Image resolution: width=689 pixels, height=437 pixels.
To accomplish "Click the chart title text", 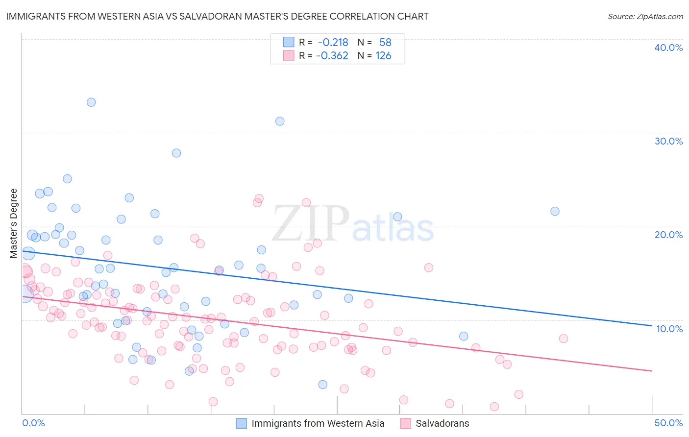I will pyautogui.click(x=217, y=16).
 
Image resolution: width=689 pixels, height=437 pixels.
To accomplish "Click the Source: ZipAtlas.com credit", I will pyautogui.click(x=645, y=16).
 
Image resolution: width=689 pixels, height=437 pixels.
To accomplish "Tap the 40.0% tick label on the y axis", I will pyautogui.click(x=668, y=48).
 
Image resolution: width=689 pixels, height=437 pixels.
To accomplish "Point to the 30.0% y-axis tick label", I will pyautogui.click(x=668, y=141).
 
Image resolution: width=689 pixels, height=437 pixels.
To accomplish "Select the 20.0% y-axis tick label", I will pyautogui.click(x=668, y=235).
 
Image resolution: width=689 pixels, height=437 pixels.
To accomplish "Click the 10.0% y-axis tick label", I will pyautogui.click(x=669, y=329).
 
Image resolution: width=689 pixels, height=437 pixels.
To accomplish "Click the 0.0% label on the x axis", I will pyautogui.click(x=33, y=423).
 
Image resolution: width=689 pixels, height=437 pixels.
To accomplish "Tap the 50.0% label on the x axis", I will pyautogui.click(x=668, y=423).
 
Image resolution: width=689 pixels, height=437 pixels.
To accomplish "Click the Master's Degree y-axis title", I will pyautogui.click(x=13, y=223).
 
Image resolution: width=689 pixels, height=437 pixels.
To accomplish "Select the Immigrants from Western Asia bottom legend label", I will pyautogui.click(x=318, y=423).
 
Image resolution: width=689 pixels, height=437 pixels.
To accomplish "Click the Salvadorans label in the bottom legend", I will pyautogui.click(x=442, y=423).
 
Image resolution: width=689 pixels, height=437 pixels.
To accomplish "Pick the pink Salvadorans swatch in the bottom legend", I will pyautogui.click(x=405, y=423).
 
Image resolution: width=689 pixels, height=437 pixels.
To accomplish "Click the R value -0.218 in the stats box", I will pyautogui.click(x=333, y=42).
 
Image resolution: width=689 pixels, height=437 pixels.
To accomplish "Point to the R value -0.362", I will pyautogui.click(x=332, y=56).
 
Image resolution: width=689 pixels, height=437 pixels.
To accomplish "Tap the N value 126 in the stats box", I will pyautogui.click(x=383, y=56).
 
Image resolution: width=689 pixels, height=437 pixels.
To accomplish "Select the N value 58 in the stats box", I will pyautogui.click(x=385, y=42).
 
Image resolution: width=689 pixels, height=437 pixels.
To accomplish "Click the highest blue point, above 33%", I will pyautogui.click(x=91, y=102).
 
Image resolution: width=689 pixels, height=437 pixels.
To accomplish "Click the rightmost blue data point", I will pyautogui.click(x=555, y=211).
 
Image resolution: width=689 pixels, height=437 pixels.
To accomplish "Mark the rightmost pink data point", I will pyautogui.click(x=563, y=339).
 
